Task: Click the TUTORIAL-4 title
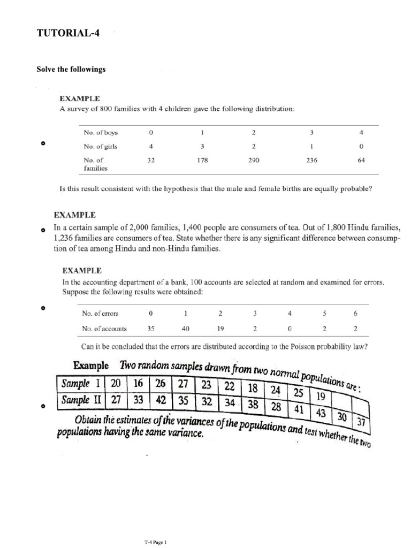[x=67, y=33]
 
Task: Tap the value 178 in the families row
[x=202, y=159]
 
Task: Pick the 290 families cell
[x=254, y=159]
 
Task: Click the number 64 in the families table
[x=362, y=159]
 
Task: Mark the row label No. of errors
[x=100, y=314]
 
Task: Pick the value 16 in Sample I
[x=139, y=384]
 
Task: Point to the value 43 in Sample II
[x=322, y=413]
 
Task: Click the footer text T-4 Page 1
[x=156, y=542]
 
